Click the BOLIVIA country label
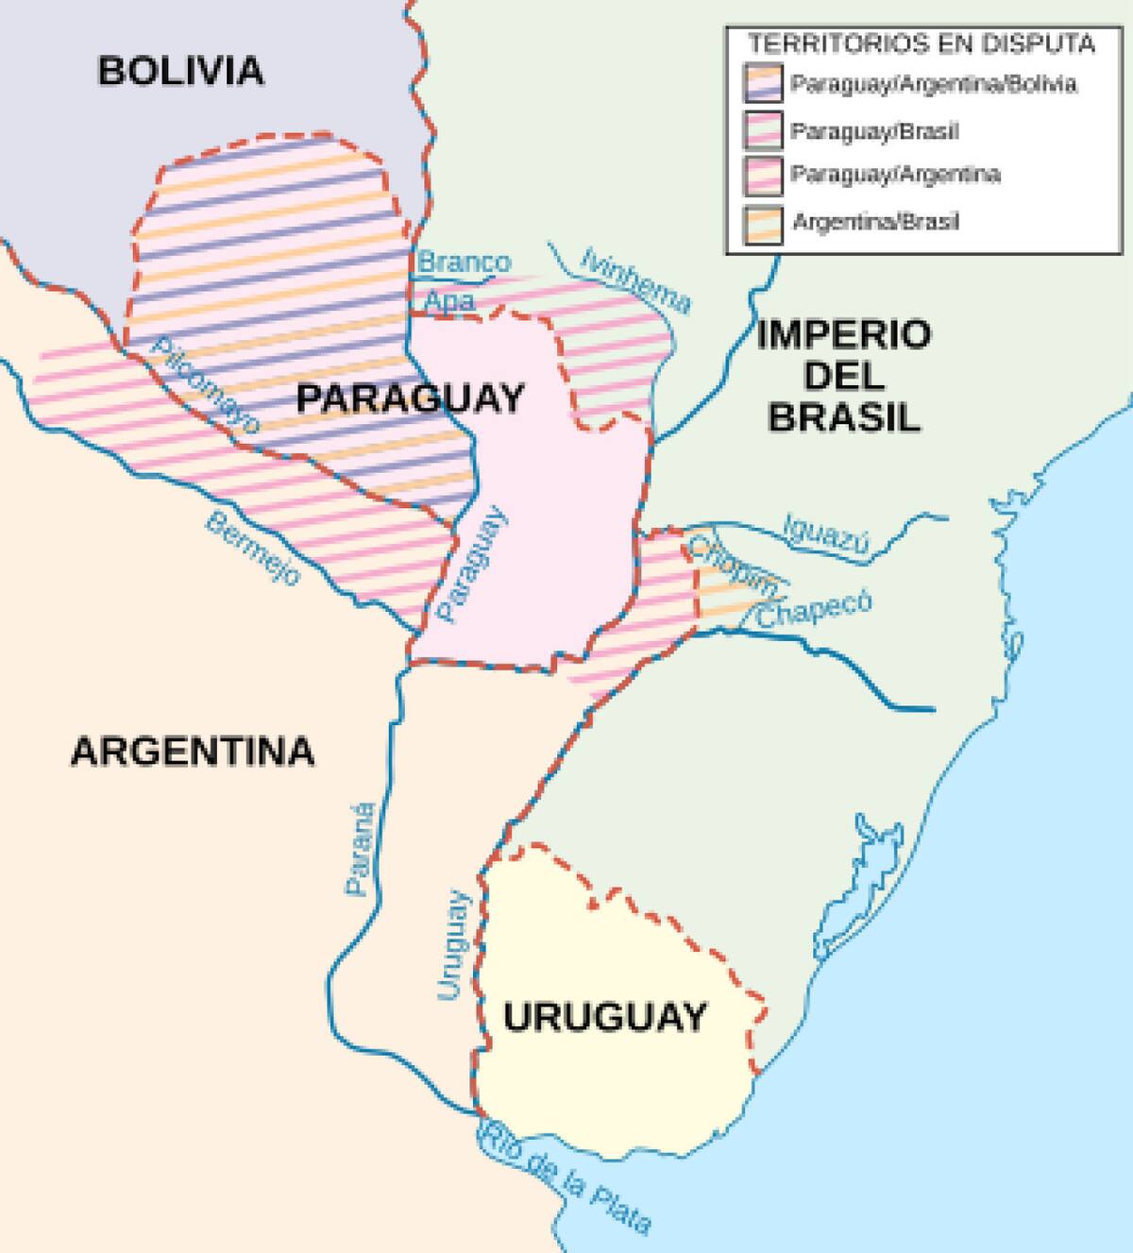point(180,71)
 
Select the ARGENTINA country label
point(193,752)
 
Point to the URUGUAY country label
point(605,1017)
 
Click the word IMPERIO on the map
point(843,334)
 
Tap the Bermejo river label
point(254,548)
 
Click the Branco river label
point(464,262)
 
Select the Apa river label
point(448,301)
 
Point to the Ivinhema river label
point(636,279)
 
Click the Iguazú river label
point(825,535)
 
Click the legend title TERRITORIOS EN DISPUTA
point(922,42)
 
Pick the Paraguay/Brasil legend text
point(874,130)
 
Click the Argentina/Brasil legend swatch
point(762,223)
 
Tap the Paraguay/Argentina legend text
point(895,175)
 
